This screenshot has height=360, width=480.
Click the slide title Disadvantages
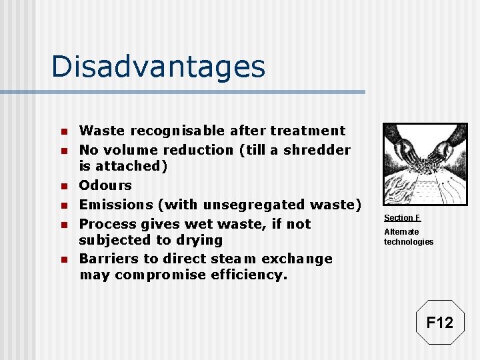158,67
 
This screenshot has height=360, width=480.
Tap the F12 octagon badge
439,323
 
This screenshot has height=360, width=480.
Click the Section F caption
402,218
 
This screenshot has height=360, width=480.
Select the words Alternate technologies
408,237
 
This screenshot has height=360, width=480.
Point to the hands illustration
425,164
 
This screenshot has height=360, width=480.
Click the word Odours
105,185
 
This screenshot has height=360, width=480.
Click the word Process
106,224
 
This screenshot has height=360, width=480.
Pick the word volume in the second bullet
135,150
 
